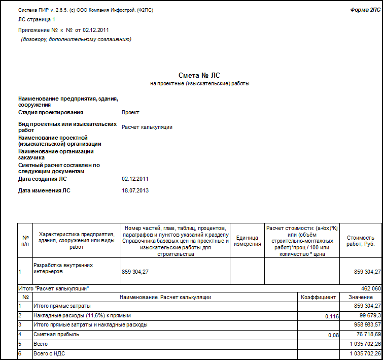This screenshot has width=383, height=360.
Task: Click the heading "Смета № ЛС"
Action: pos(199,75)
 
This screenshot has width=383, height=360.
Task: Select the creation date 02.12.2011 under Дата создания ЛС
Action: pos(135,179)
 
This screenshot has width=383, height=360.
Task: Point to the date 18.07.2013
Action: pos(135,191)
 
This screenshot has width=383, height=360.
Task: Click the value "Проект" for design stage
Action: pos(130,113)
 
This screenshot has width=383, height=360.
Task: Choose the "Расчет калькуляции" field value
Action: pos(147,127)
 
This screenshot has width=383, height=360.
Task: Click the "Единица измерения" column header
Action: pos(247,241)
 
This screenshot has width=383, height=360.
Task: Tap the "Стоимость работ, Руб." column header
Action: pos(360,241)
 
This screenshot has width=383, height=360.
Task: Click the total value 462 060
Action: pos(371,288)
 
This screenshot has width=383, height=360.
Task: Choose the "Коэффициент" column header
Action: pos(318,297)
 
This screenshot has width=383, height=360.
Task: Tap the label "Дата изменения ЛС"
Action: pos(45,191)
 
